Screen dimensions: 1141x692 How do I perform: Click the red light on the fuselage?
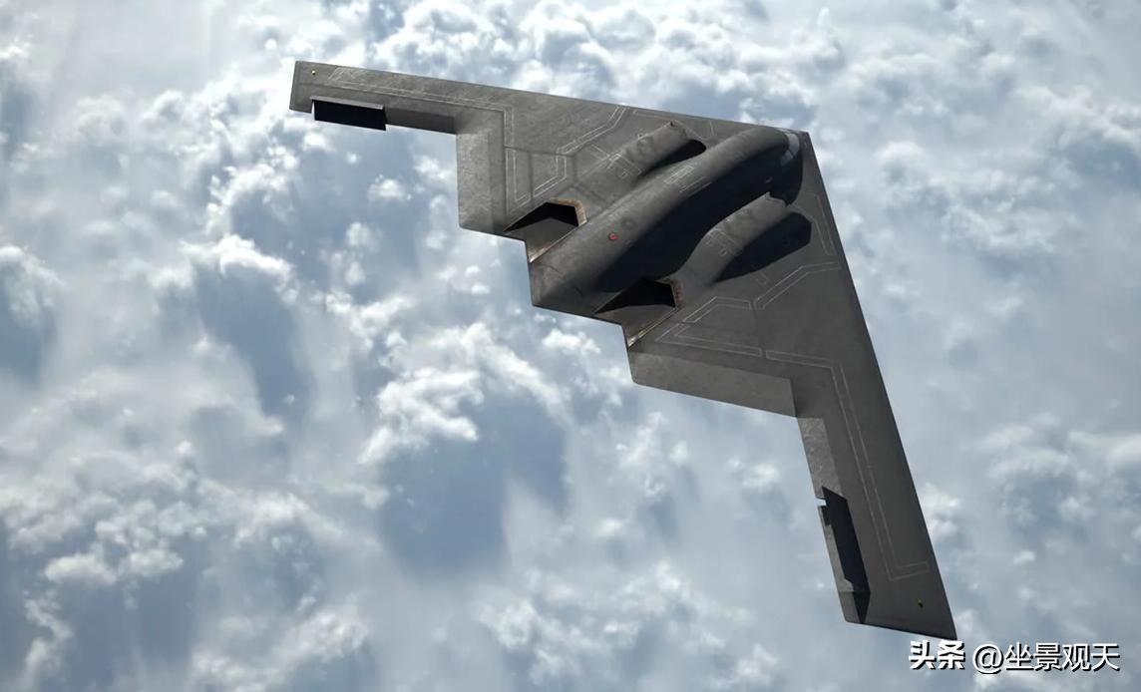612,236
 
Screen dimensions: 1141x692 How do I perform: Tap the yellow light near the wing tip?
313,72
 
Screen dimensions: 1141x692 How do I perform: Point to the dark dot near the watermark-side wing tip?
919,603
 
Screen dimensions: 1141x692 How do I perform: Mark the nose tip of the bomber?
805,134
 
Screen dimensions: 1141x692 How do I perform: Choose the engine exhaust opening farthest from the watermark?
546,218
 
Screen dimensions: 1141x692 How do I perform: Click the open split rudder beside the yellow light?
348,114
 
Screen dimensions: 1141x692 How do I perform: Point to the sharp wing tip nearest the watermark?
953,637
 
